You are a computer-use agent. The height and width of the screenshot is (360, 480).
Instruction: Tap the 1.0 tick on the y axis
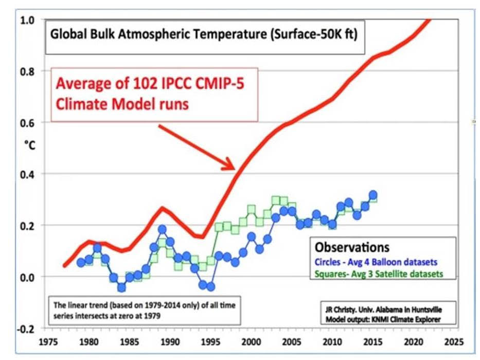click(26, 21)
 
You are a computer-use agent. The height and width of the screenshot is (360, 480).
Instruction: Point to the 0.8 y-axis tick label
click(26, 71)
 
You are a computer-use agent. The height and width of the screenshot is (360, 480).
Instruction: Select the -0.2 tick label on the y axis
click(25, 328)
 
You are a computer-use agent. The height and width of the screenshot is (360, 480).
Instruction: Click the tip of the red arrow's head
click(235, 168)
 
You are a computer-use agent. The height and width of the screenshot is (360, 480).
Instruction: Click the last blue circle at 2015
click(373, 195)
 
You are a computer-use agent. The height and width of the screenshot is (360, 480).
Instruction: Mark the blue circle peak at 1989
click(162, 229)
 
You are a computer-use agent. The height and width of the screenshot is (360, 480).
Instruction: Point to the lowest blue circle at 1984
click(121, 287)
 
